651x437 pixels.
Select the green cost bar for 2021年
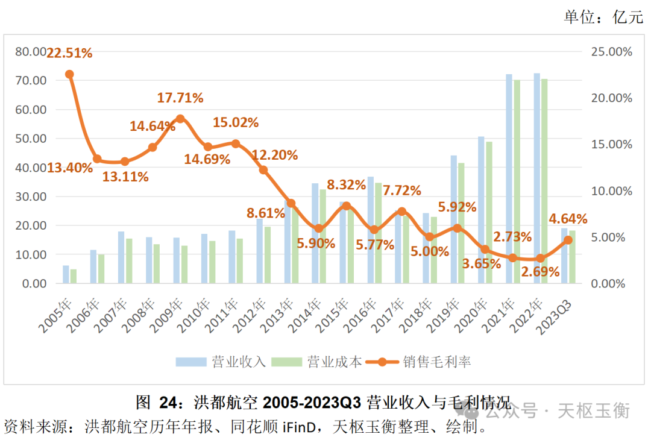point(517,181)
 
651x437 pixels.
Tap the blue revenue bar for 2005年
point(66,274)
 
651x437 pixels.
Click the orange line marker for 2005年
point(69,74)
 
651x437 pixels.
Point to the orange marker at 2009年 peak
point(180,119)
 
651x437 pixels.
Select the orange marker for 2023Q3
point(568,240)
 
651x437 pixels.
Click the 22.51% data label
point(69,54)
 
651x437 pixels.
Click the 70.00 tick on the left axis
point(30,81)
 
